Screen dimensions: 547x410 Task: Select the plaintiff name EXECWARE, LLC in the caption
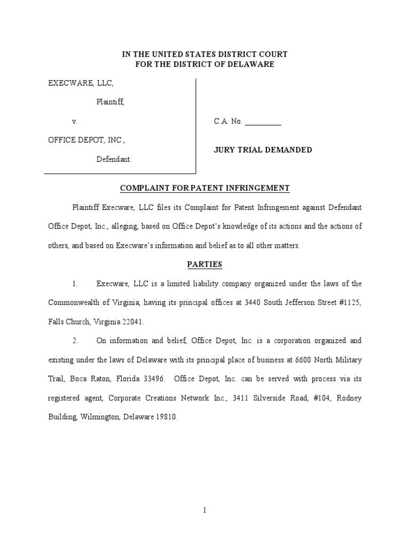pos(81,83)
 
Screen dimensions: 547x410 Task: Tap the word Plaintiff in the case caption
pos(110,102)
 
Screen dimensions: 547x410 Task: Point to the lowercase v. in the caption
pos(75,121)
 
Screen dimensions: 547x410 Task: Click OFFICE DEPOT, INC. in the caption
pos(87,140)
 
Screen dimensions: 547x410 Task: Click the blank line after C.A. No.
pos(263,122)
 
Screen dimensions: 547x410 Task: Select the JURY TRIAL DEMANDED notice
pos(263,150)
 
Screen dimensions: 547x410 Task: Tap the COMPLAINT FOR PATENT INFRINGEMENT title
pos(205,188)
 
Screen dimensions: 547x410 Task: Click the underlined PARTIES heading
pos(205,264)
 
